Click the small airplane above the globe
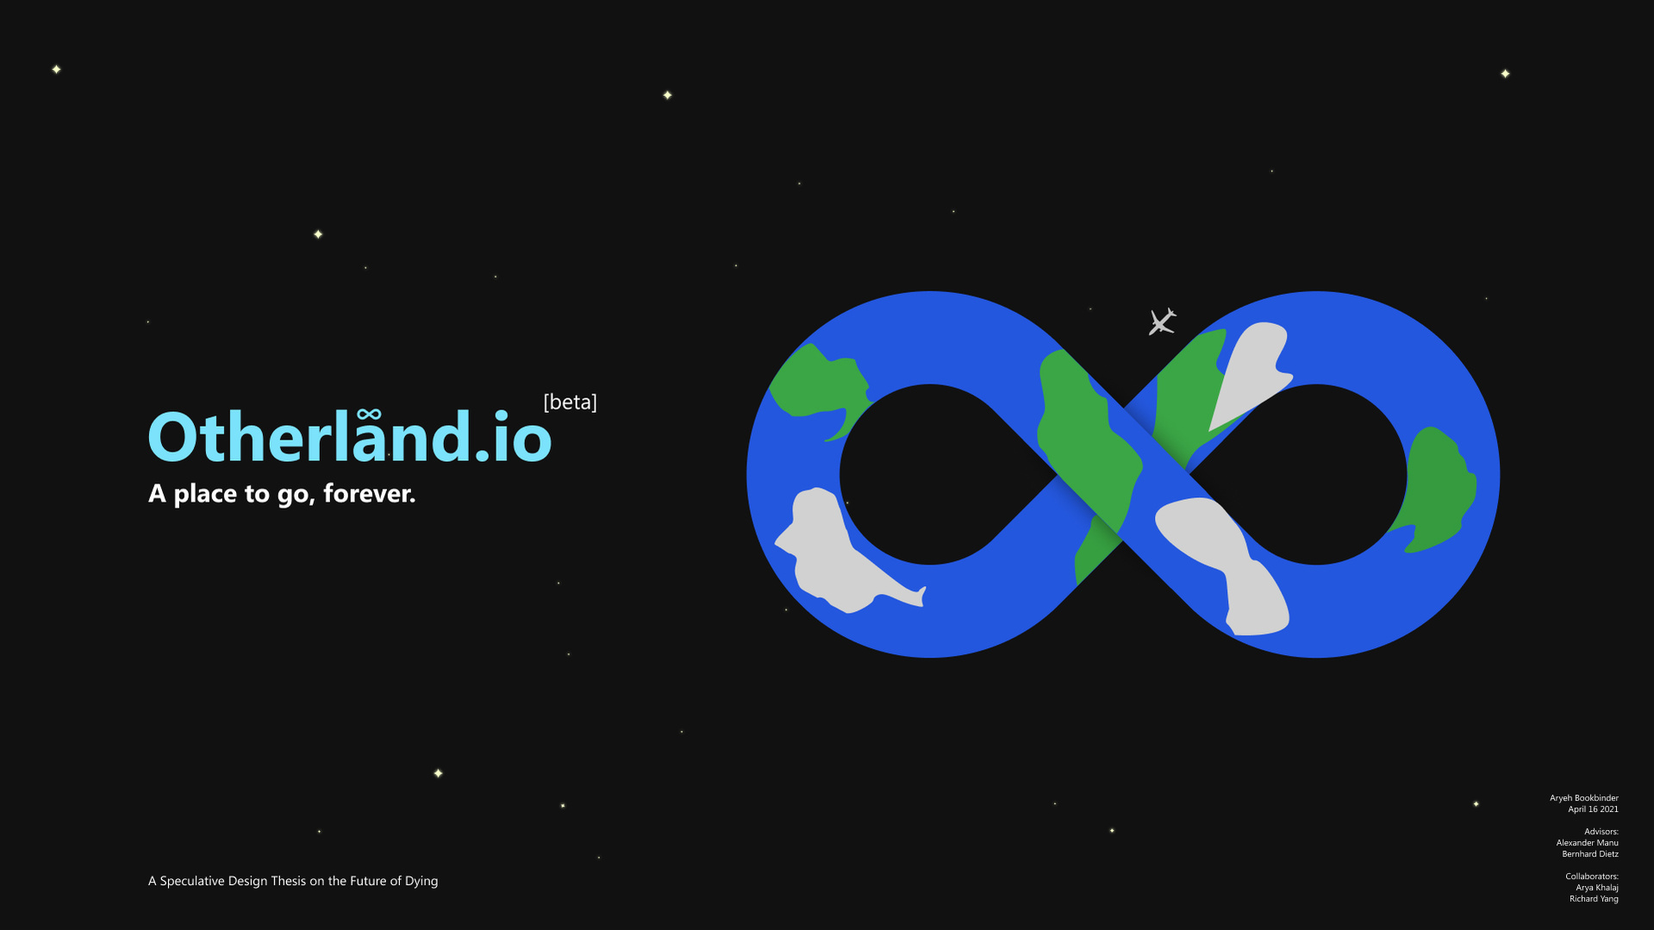click(x=1162, y=321)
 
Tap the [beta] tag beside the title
click(x=570, y=402)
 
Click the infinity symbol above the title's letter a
click(x=369, y=415)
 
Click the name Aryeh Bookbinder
click(x=1583, y=798)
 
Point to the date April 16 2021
click(x=1593, y=809)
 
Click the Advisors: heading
click(x=1601, y=832)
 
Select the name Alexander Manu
click(x=1587, y=843)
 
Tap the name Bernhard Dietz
click(x=1589, y=854)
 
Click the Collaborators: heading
click(x=1591, y=877)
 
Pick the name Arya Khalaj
click(x=1596, y=888)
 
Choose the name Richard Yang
click(x=1593, y=899)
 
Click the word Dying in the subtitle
click(x=421, y=881)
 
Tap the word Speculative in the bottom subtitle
click(x=192, y=881)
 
